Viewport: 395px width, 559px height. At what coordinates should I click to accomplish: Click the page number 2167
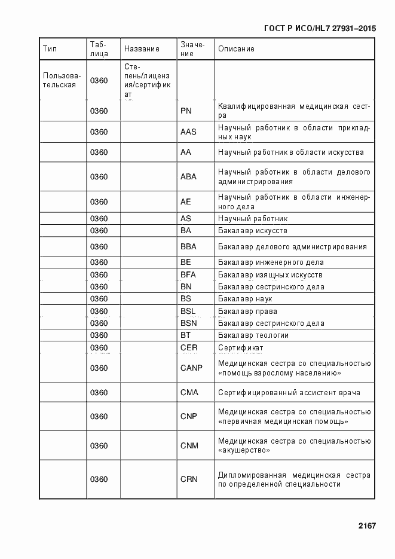[x=367, y=526]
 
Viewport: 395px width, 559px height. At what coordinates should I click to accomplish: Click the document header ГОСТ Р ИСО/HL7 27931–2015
[x=319, y=28]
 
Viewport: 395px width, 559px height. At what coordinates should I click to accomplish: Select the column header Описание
[x=236, y=49]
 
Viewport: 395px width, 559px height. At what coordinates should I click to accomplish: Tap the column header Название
[x=142, y=49]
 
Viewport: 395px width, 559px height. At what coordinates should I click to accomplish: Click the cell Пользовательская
[x=62, y=80]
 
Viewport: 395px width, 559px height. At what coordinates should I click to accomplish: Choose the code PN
[x=186, y=111]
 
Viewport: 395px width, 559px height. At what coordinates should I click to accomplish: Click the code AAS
[x=188, y=132]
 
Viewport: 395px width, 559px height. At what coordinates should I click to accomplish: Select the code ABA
[x=188, y=177]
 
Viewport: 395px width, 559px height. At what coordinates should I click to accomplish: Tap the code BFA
[x=188, y=275]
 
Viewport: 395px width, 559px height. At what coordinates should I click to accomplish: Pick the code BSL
[x=188, y=311]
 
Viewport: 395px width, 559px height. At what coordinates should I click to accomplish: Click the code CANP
[x=191, y=368]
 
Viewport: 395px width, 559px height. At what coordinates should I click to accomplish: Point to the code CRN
[x=189, y=479]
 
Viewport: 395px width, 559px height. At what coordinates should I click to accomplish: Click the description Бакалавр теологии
[x=253, y=335]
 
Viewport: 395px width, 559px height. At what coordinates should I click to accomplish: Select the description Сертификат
[x=241, y=348]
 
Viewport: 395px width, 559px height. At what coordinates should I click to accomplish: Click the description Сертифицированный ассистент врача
[x=289, y=393]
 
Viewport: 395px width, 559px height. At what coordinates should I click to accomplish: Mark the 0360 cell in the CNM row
[x=99, y=446]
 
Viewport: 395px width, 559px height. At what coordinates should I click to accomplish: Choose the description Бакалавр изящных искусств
[x=270, y=275]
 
